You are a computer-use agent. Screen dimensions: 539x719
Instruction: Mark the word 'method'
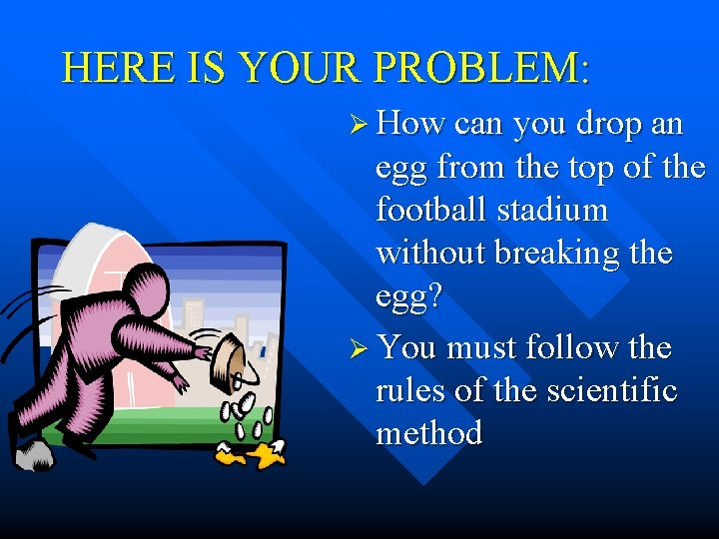[429, 433]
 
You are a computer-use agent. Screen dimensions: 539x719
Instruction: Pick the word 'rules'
[410, 390]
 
